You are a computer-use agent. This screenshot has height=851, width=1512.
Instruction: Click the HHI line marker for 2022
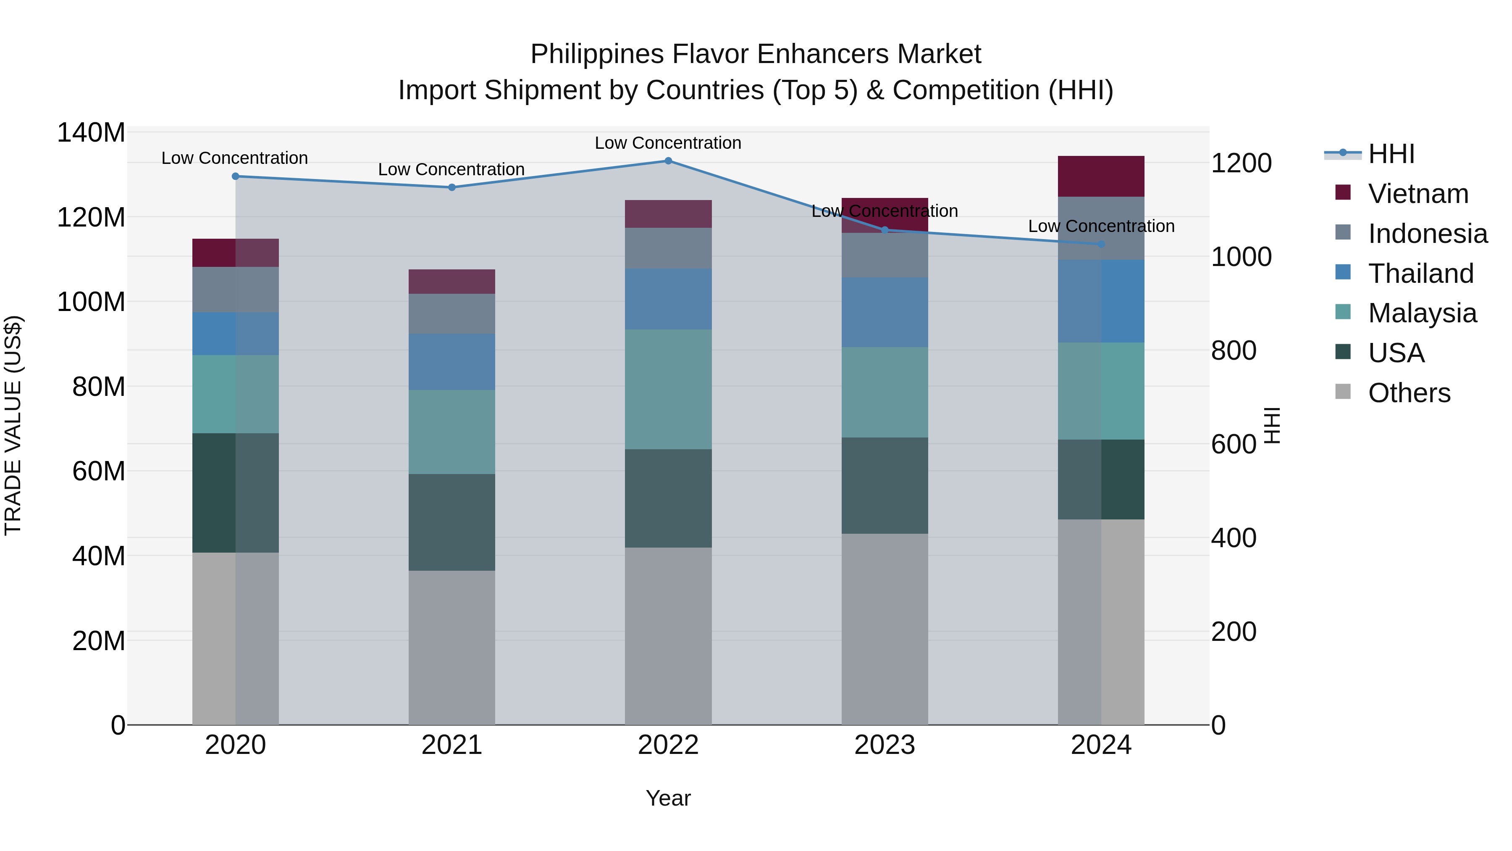[668, 161]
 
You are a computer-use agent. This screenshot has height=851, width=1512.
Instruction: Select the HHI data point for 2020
[235, 176]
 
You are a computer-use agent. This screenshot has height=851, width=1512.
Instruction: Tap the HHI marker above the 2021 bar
[452, 187]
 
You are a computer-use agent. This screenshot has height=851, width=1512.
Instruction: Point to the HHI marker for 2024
[1101, 244]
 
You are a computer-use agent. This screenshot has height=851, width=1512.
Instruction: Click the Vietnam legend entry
[1417, 194]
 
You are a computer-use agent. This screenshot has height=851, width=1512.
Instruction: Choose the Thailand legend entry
[1420, 274]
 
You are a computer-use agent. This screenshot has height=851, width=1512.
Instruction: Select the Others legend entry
[1409, 393]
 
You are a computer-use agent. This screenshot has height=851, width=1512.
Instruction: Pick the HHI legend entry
[1391, 154]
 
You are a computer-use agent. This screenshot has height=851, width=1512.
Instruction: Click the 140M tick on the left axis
[91, 133]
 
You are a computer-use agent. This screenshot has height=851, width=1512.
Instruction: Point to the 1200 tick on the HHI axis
[1241, 163]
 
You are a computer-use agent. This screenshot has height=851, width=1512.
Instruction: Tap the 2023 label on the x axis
[885, 745]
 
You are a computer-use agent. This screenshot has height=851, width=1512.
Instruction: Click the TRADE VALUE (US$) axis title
[13, 425]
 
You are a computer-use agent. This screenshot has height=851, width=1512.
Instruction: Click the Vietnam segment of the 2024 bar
[1101, 176]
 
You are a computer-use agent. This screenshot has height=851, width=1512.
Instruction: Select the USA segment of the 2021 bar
[452, 522]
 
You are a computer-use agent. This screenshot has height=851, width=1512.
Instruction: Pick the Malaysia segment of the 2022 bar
[668, 390]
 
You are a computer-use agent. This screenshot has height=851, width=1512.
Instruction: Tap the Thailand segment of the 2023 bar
[885, 312]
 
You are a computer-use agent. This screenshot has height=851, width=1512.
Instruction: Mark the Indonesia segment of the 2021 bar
[452, 314]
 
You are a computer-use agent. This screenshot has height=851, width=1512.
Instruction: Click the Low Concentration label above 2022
[668, 143]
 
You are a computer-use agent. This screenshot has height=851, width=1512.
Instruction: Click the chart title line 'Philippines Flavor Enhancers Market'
[756, 54]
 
